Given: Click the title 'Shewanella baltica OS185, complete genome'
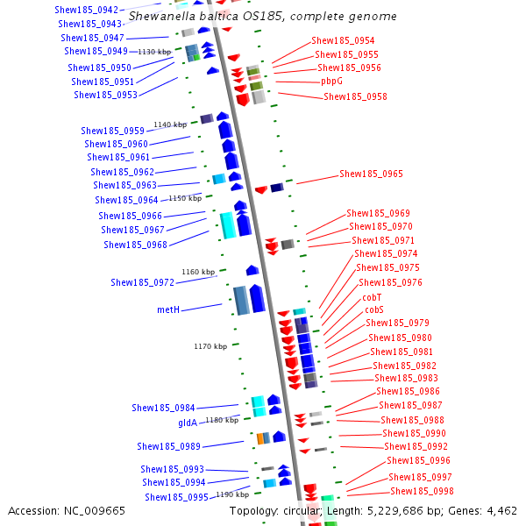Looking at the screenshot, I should [x=262, y=17].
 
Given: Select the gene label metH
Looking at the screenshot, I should [x=168, y=309].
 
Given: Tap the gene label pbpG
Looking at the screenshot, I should [x=331, y=81].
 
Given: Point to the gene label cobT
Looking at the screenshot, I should [x=372, y=297].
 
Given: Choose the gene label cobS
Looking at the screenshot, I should [x=374, y=309].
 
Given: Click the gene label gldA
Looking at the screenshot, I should [x=188, y=422].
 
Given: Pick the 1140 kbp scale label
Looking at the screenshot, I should [x=170, y=124].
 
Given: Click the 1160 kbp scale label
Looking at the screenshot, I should [x=198, y=272].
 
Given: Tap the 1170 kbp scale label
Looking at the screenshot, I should [x=210, y=346].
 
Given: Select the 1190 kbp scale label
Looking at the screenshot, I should [x=232, y=494].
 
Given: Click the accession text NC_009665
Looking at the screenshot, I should [x=67, y=510].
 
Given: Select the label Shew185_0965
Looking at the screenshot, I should [x=371, y=174].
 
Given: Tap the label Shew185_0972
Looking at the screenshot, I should [x=142, y=282].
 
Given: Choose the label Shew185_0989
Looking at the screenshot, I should [x=168, y=446].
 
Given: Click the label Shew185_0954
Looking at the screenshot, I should [x=343, y=41].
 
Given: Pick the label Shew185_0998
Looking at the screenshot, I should [x=422, y=491].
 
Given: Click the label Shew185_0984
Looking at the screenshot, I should [x=164, y=408].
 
